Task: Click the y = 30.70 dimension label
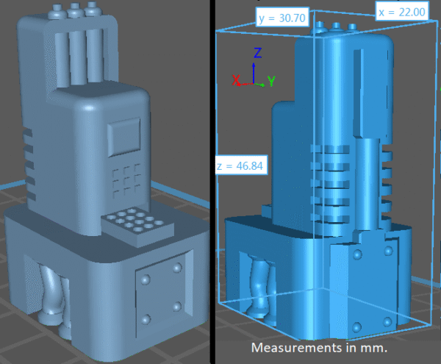pos(282,18)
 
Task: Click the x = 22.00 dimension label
pos(401,12)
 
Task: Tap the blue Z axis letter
pos(258,53)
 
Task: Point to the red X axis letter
pos(236,80)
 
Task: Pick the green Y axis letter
pos(271,81)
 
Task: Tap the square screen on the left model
pos(124,137)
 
